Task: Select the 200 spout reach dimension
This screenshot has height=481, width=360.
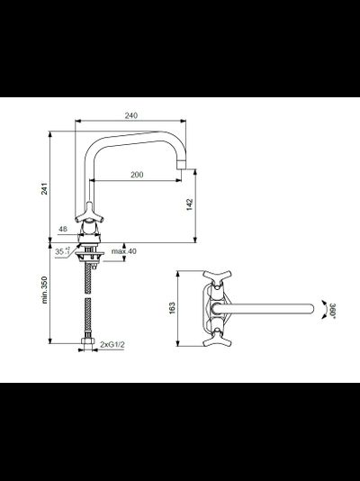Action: click(x=136, y=174)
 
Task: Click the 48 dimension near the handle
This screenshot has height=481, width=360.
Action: click(x=62, y=229)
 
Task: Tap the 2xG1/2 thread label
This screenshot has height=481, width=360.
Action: click(x=115, y=345)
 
